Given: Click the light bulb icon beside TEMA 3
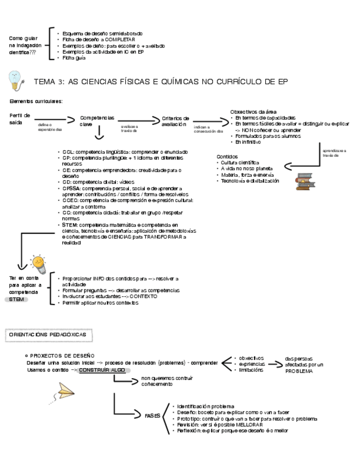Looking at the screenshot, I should point(16,80).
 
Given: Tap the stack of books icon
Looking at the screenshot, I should point(304,182).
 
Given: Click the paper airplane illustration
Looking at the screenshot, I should point(66,391).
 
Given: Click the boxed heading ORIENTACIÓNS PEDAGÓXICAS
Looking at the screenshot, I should point(50,334).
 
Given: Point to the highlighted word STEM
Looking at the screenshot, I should point(18,300).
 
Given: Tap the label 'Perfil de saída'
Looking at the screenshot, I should point(20,118).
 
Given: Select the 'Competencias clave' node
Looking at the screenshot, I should point(97,121).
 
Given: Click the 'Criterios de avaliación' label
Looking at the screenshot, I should point(175,121).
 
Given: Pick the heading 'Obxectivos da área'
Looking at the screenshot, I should point(253,112).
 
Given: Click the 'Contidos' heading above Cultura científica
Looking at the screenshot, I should point(227,157).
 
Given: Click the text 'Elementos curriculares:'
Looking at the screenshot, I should point(36,101).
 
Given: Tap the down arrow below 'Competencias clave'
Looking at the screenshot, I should point(99,134).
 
